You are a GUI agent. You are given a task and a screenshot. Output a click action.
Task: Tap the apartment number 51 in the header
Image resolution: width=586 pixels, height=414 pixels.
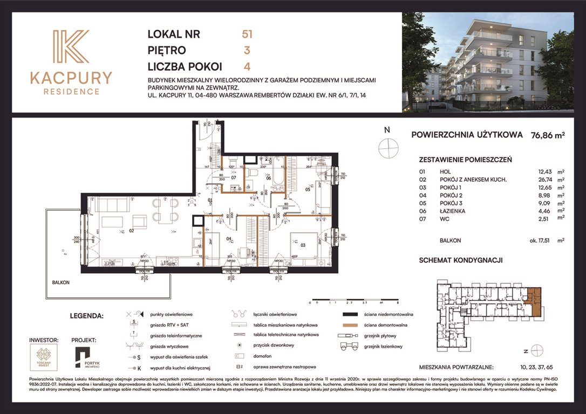pos(247,34)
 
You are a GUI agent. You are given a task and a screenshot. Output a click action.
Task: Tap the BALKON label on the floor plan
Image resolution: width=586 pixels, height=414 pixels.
pos(61,282)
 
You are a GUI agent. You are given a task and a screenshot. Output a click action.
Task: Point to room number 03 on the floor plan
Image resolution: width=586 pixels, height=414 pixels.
pos(303,245)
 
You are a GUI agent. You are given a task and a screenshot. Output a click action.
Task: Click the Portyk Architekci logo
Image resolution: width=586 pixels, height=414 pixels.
pos(84,358)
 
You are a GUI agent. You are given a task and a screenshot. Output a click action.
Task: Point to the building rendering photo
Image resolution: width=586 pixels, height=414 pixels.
pos(488,62)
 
